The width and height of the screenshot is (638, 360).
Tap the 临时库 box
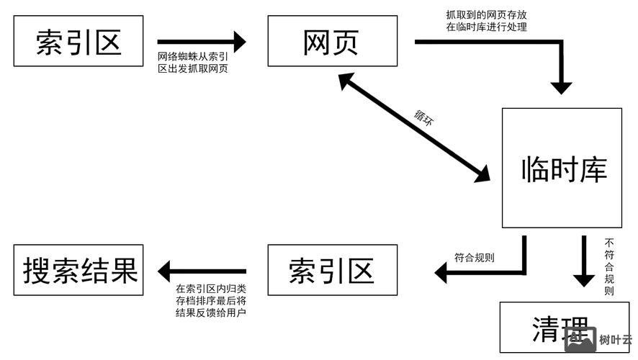coord(562,168)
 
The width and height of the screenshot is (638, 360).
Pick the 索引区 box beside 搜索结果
coord(332,270)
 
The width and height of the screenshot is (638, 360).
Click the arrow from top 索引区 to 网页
coord(201,42)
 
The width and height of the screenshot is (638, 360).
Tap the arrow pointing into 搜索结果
coord(202,271)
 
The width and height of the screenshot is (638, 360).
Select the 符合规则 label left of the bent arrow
coord(474,257)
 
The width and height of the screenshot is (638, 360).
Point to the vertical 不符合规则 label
coord(609,266)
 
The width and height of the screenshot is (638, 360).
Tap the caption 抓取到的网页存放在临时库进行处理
coord(486,21)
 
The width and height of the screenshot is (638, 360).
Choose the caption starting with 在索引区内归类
coord(211,301)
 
